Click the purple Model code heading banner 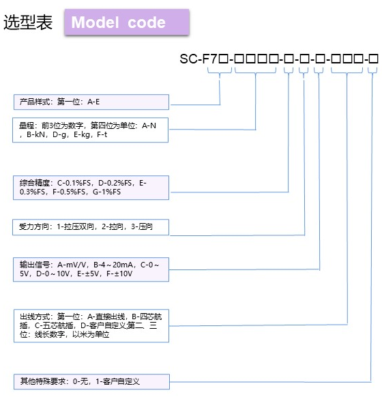tap(126, 23)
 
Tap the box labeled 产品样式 tap(91, 102)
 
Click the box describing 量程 tap(91, 130)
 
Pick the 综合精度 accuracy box tap(91, 188)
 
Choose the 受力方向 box tap(91, 226)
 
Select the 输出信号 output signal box tap(91, 268)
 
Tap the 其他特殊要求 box tap(91, 380)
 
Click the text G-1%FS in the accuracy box tap(107, 192)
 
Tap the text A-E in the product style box tap(93, 102)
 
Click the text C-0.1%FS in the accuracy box tap(74, 183)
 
